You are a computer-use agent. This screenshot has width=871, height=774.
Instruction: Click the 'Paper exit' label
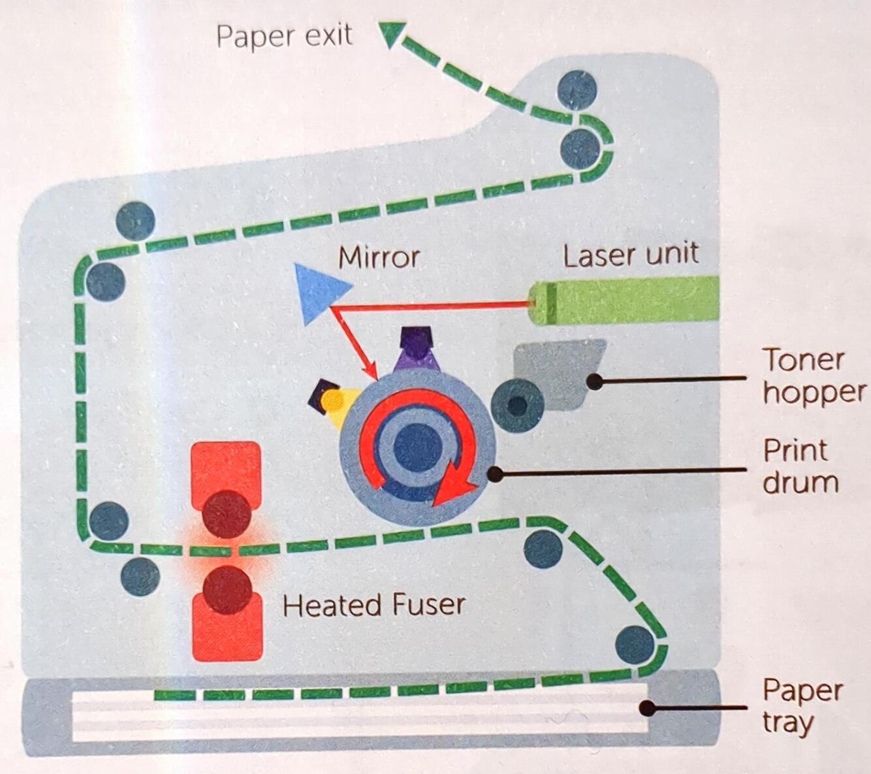[284, 37]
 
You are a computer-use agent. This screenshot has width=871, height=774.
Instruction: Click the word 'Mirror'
[379, 258]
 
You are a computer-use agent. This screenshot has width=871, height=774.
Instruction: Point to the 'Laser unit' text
[631, 255]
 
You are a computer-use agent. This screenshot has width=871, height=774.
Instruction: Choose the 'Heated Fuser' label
[374, 604]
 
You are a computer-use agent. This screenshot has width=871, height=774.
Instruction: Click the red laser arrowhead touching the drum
[371, 373]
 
